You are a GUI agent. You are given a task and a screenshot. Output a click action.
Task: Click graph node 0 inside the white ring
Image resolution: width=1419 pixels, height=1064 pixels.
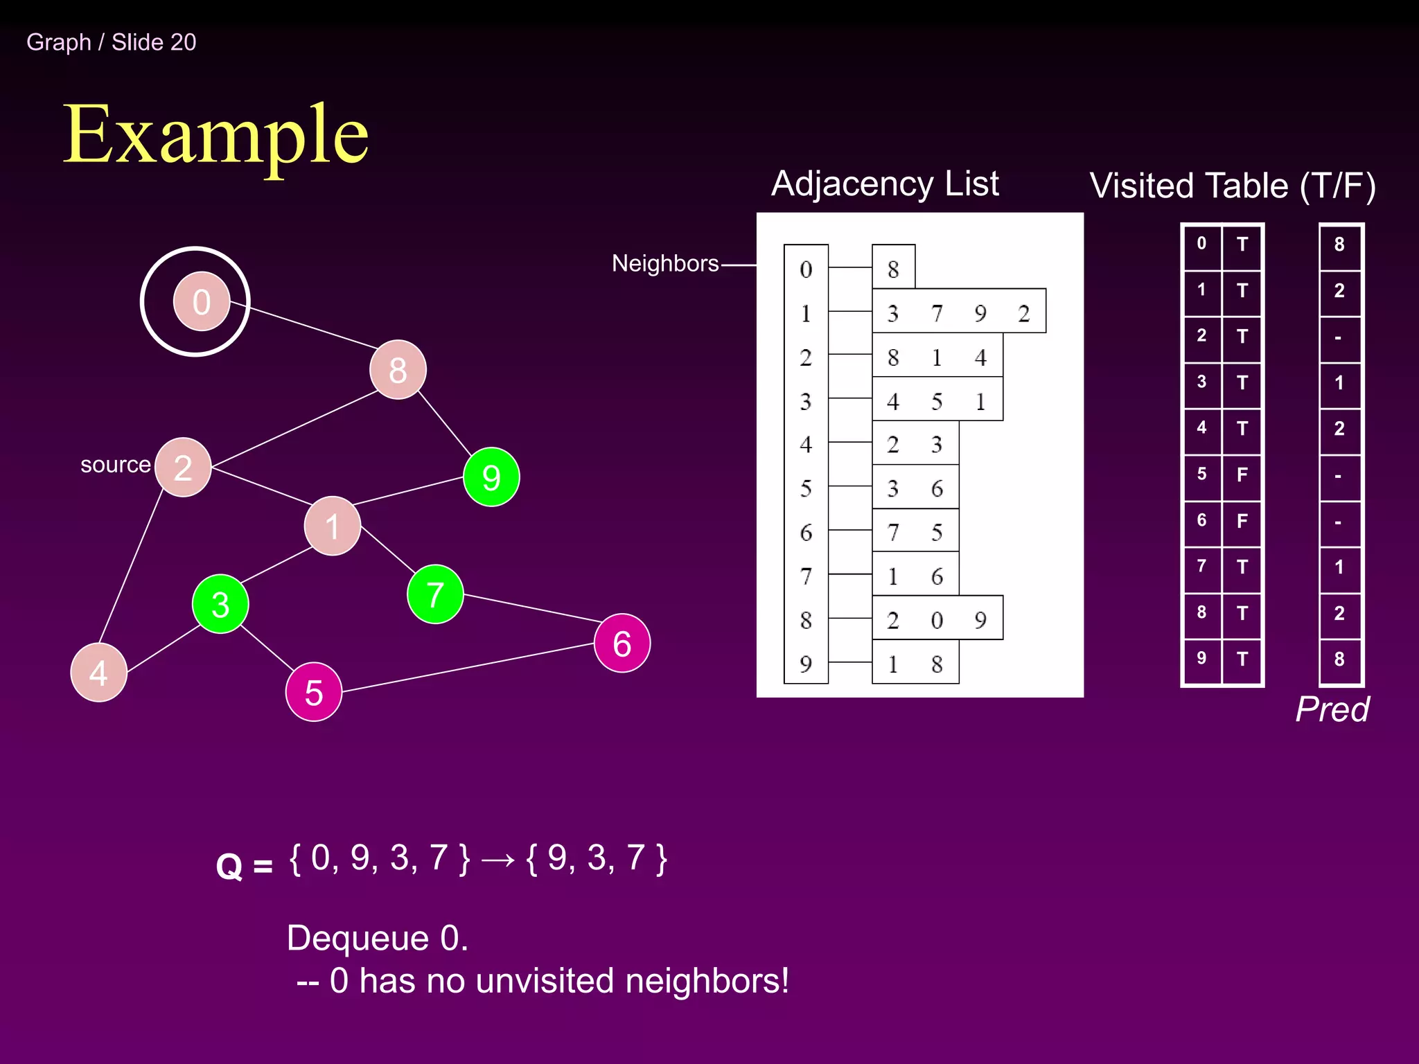click(x=201, y=302)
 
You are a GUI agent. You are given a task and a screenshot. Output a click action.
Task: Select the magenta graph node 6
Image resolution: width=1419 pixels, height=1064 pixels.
click(x=622, y=644)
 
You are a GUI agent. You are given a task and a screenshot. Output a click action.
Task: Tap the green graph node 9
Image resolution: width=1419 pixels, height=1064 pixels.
click(x=491, y=477)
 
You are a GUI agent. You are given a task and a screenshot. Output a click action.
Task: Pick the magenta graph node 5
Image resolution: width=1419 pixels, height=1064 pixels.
click(x=314, y=692)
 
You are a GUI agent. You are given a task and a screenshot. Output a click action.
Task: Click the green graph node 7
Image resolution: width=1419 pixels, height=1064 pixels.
click(x=435, y=594)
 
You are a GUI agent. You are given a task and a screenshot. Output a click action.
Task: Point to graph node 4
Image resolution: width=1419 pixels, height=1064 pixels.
click(x=98, y=673)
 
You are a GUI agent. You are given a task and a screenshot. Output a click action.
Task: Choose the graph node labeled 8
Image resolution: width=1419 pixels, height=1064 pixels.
click(x=398, y=370)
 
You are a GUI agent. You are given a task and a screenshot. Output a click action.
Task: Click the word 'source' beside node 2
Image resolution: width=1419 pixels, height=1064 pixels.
click(x=115, y=465)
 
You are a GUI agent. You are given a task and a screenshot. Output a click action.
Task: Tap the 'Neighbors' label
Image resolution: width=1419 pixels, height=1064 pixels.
click(x=665, y=263)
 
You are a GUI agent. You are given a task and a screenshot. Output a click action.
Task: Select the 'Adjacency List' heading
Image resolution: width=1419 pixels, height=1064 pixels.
click(x=885, y=184)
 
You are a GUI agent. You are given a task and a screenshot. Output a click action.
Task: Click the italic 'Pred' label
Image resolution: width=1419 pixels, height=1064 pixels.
click(x=1332, y=709)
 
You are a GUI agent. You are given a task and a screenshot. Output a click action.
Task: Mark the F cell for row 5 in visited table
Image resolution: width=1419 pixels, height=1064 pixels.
click(x=1242, y=475)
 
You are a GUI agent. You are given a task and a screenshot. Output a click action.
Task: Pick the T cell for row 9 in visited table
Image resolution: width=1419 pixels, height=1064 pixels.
click(x=1242, y=659)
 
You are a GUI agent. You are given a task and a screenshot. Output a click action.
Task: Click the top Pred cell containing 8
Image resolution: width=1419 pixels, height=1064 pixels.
click(x=1339, y=245)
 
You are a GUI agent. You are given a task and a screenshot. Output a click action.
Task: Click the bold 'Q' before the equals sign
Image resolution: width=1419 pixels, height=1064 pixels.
click(x=229, y=867)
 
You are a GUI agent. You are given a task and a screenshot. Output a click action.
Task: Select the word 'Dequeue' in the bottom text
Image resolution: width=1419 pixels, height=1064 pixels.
click(x=358, y=939)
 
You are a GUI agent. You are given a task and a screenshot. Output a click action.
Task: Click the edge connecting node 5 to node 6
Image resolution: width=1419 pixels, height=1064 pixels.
click(x=468, y=668)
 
